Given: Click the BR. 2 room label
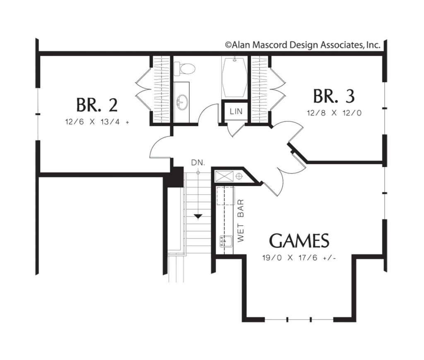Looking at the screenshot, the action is point(97,105).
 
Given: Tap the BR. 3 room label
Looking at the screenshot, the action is point(334,96).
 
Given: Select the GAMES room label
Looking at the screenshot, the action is point(299,241).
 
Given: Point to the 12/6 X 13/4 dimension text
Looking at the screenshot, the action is point(97,122).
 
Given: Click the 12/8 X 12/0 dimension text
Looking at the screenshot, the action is point(334,113).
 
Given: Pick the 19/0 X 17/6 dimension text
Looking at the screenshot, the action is point(299,258).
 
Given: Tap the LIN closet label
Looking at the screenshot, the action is point(236,111).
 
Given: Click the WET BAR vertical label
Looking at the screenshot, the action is point(241,221).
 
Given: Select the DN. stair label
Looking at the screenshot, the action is point(198,163).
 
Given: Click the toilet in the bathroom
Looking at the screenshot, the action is point(184,69).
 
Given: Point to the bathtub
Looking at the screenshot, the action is point(234,77).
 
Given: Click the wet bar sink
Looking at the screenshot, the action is point(226,241).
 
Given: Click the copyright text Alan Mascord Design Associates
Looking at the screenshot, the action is point(303,45).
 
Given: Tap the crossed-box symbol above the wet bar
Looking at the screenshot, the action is point(224,176).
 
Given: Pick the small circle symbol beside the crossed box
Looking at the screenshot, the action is point(239,177).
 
